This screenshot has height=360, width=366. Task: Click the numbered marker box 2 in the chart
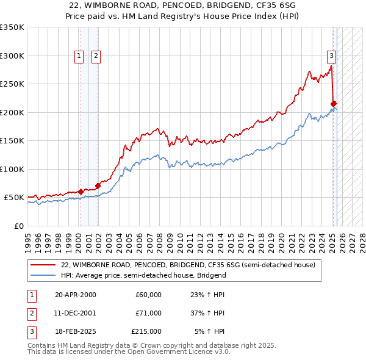pyautogui.click(x=96, y=56)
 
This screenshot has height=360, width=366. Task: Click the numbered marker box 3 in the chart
pyautogui.click(x=331, y=56)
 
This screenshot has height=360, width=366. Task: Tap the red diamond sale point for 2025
pyautogui.click(x=334, y=104)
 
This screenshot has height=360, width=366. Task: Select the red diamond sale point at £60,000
pyautogui.click(x=81, y=192)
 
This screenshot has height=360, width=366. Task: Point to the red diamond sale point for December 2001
pyautogui.click(x=98, y=185)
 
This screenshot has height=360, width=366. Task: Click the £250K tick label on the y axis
pyautogui.click(x=12, y=84)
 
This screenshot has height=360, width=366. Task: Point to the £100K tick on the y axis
pyautogui.click(x=12, y=169)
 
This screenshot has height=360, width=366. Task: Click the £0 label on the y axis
pyautogui.click(x=18, y=226)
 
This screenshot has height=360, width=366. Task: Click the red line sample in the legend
pyautogui.click(x=43, y=265)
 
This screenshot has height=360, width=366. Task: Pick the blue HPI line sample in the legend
pyautogui.click(x=43, y=275)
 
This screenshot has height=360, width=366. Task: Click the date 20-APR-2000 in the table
pyautogui.click(x=75, y=295)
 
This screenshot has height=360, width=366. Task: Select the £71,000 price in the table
pyautogui.click(x=148, y=313)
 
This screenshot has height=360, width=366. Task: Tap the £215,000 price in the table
pyautogui.click(x=146, y=331)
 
